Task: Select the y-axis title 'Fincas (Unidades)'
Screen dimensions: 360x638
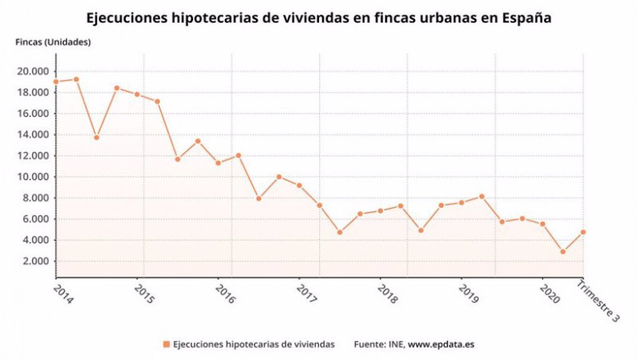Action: [x=53, y=42]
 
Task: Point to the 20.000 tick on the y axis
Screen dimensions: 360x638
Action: [x=32, y=71]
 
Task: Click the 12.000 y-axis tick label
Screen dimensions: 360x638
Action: [x=32, y=155]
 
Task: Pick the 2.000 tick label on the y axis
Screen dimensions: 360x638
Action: [x=34, y=261]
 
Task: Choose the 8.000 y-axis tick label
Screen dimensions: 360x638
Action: [x=34, y=198]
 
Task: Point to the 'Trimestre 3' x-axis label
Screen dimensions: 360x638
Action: [x=598, y=304]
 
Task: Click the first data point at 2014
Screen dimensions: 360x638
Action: [x=56, y=82]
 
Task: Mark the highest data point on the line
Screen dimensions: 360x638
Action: [x=76, y=79]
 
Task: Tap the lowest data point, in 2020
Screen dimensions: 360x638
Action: [x=563, y=252]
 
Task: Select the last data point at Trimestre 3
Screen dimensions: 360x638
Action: [x=583, y=232]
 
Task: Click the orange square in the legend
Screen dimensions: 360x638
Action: [x=166, y=344]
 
